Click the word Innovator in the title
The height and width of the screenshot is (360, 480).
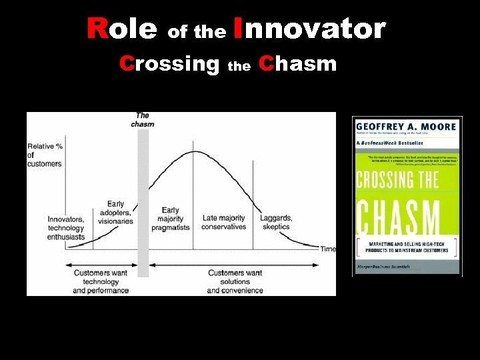[310, 29]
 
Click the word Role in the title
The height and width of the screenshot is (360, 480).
[122, 29]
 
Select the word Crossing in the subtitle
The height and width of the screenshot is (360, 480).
[169, 64]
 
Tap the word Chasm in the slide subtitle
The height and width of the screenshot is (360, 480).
[297, 64]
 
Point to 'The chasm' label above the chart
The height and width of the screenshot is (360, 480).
[143, 120]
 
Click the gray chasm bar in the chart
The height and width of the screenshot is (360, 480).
[143, 200]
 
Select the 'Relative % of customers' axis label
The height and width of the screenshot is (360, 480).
[45, 155]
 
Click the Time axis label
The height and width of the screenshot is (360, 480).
[328, 249]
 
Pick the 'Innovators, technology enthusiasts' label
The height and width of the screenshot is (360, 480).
[66, 228]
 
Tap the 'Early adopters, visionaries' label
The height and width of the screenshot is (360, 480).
[115, 213]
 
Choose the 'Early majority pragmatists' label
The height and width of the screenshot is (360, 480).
[170, 219]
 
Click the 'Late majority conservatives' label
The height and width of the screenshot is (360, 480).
[223, 222]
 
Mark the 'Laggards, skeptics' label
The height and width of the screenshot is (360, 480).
[275, 222]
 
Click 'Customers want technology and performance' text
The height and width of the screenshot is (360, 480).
[101, 281]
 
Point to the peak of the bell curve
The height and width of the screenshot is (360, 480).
[193, 152]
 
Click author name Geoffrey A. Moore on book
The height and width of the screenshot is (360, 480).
[406, 127]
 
